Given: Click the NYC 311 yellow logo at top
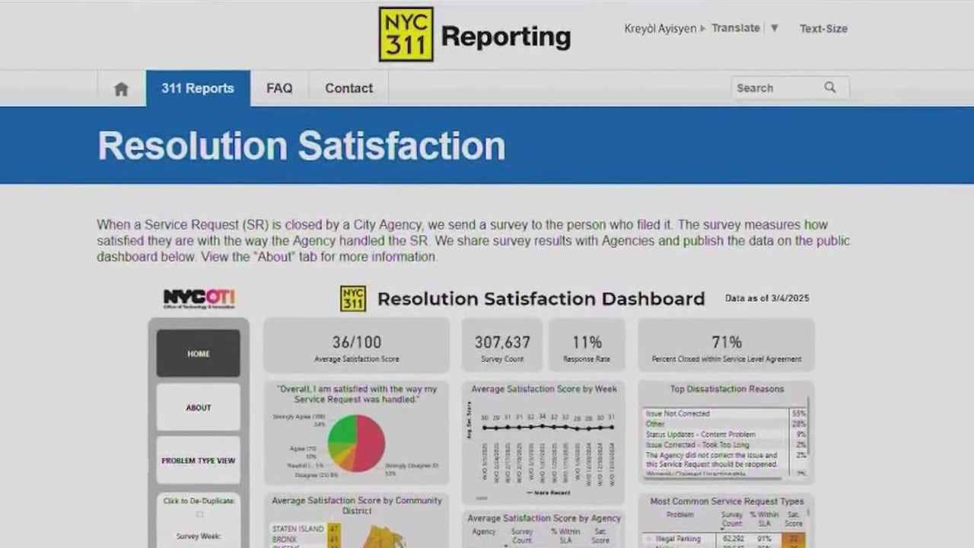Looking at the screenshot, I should tap(406, 34).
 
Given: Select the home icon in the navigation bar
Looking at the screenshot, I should tap(121, 89).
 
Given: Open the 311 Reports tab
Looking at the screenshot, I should tap(198, 88).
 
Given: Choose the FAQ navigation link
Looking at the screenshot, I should tap(279, 88).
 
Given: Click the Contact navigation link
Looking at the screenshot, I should tap(349, 88).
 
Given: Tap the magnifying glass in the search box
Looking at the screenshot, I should tap(830, 88).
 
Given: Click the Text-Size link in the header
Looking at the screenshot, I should tap(823, 29).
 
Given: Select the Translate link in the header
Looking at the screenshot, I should tap(736, 28).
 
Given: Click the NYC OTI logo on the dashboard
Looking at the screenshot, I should tap(199, 298).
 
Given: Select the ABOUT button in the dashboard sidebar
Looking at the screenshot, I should tap(199, 407).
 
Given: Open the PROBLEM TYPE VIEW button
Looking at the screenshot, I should tap(199, 460).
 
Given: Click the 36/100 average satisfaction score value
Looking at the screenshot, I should tap(357, 342).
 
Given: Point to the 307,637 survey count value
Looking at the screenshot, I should tap(502, 342).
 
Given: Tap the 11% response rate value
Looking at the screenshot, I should tap(587, 342).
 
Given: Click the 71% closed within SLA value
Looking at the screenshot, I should tap(727, 342).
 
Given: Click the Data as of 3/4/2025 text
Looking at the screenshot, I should tap(767, 298).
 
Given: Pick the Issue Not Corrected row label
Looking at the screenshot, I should tap(678, 413).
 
